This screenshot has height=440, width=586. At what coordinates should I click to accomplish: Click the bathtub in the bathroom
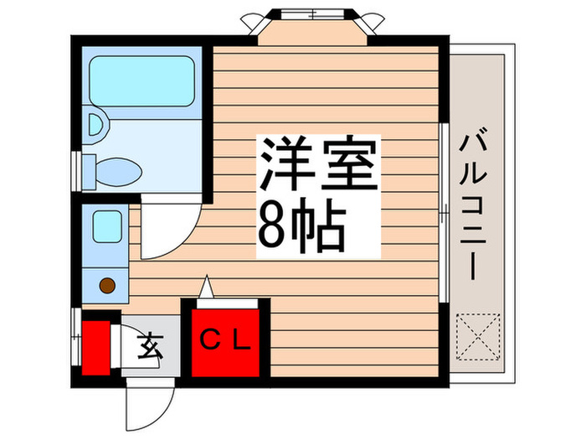pos(142,81)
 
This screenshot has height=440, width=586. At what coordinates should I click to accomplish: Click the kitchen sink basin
pos(107,226)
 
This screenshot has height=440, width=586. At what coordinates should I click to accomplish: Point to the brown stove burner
pos(107,286)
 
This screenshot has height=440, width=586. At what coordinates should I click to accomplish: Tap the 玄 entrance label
pos(150,345)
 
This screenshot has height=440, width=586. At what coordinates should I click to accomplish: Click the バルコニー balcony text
pos(474,204)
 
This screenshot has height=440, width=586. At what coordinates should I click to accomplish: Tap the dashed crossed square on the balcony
pos(478,337)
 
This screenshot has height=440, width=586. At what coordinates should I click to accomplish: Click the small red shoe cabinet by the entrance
pos(96,348)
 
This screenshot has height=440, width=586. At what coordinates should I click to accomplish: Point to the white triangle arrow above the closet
pos(206,287)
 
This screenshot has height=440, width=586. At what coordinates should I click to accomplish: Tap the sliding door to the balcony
pos(444,212)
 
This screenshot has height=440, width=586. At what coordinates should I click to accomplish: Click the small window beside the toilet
pos(76,171)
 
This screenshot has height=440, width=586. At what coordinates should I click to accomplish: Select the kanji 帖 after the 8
pos(318,225)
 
